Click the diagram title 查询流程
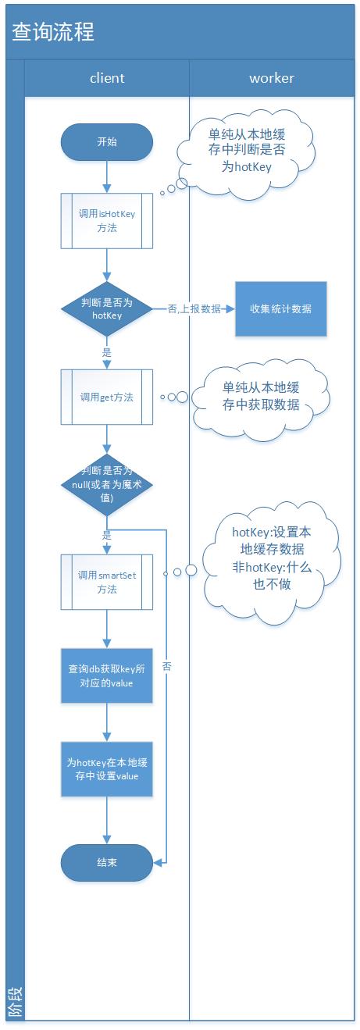(53, 32)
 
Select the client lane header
(107, 78)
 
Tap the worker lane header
(272, 78)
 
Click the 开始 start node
(107, 142)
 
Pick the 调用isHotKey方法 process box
(107, 220)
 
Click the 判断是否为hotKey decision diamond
(107, 309)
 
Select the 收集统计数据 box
(281, 308)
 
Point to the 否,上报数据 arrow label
(194, 309)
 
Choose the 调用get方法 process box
(107, 397)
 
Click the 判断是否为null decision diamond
(107, 484)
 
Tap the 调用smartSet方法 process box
(107, 582)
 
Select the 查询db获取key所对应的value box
(107, 675)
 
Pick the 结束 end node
(107, 862)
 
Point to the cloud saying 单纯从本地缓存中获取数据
(261, 397)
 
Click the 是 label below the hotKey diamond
(107, 353)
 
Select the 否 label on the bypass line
(167, 666)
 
